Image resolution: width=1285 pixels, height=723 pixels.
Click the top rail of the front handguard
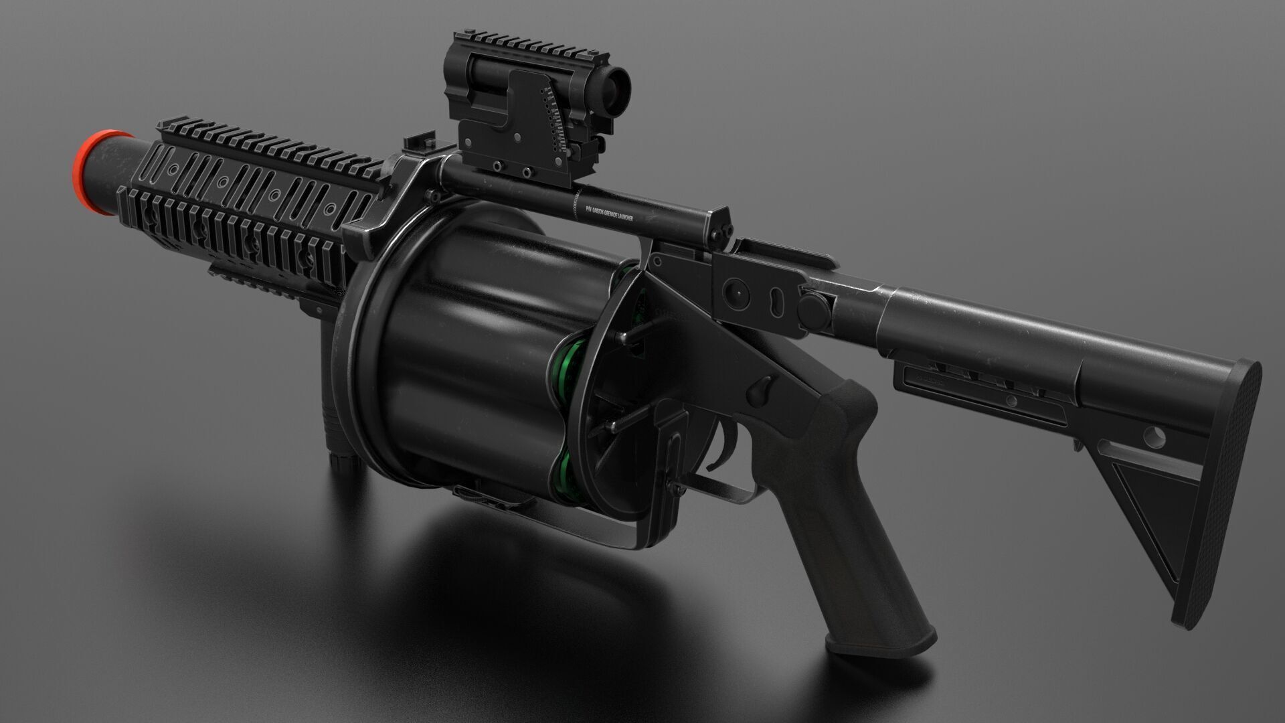pyautogui.click(x=268, y=141)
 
